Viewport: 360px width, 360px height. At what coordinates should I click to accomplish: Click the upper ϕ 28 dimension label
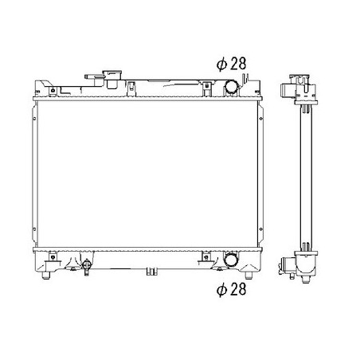(x=231, y=64)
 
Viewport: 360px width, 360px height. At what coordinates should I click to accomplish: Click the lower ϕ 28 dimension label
(x=231, y=289)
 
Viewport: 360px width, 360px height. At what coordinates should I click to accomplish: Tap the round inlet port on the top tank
(x=232, y=87)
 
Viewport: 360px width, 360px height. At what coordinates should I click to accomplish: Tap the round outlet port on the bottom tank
(x=231, y=260)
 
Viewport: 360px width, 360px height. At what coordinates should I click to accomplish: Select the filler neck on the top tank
(x=112, y=79)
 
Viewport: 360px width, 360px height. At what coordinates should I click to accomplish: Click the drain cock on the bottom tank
(x=86, y=267)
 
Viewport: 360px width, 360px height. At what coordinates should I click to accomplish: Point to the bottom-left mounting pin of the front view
(x=46, y=276)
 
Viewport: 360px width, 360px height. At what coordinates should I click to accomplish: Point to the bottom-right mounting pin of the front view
(x=248, y=276)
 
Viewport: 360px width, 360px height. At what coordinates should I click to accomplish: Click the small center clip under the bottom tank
(x=151, y=272)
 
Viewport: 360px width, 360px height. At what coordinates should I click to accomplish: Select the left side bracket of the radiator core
(x=34, y=174)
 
